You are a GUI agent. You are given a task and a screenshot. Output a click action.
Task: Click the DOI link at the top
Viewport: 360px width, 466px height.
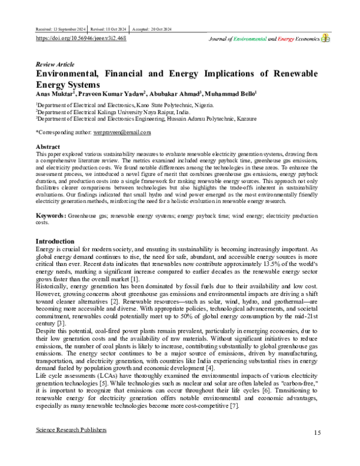[x=82, y=37]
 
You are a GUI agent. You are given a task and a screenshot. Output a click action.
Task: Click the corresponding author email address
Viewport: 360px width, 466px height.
[x=122, y=132]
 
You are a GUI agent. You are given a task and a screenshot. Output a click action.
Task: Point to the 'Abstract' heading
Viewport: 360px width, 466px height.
[x=49, y=146]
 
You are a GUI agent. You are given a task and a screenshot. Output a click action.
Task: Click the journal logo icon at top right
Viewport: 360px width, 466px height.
[x=325, y=37]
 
